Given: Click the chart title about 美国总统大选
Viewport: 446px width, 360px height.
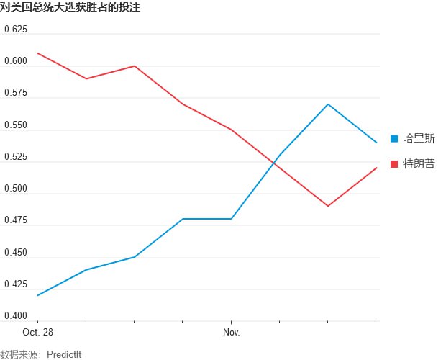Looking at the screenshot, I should tap(70, 7).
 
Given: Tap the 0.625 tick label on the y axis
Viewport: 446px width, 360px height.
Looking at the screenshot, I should tap(15, 30).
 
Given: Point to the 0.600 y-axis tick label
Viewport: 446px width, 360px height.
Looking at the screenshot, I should tap(15, 61).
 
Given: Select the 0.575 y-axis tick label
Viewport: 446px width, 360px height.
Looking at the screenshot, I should tap(15, 94).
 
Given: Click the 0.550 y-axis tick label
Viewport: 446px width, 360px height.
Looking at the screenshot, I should tap(15, 125).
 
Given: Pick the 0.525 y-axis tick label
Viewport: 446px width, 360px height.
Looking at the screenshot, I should tap(15, 157).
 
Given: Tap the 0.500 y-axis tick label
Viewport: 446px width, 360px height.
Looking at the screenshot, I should tap(15, 189).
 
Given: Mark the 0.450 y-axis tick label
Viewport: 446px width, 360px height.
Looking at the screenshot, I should tap(15, 253).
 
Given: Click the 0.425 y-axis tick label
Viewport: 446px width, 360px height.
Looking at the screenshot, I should tap(15, 285).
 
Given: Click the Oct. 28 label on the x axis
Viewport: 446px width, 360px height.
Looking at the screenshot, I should tap(37, 333).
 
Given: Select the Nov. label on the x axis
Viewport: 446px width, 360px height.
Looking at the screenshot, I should tap(231, 333).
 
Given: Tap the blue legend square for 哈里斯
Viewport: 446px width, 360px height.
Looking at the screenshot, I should tap(393, 138).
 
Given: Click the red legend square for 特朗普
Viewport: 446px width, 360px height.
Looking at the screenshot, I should tap(393, 164).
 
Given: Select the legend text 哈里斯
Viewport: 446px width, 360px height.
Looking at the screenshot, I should tap(419, 138).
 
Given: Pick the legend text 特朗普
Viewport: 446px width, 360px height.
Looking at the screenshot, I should tap(419, 164).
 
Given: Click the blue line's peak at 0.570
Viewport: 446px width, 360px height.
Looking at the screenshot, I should tap(328, 104).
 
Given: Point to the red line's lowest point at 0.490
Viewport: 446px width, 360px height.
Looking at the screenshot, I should tap(328, 206).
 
